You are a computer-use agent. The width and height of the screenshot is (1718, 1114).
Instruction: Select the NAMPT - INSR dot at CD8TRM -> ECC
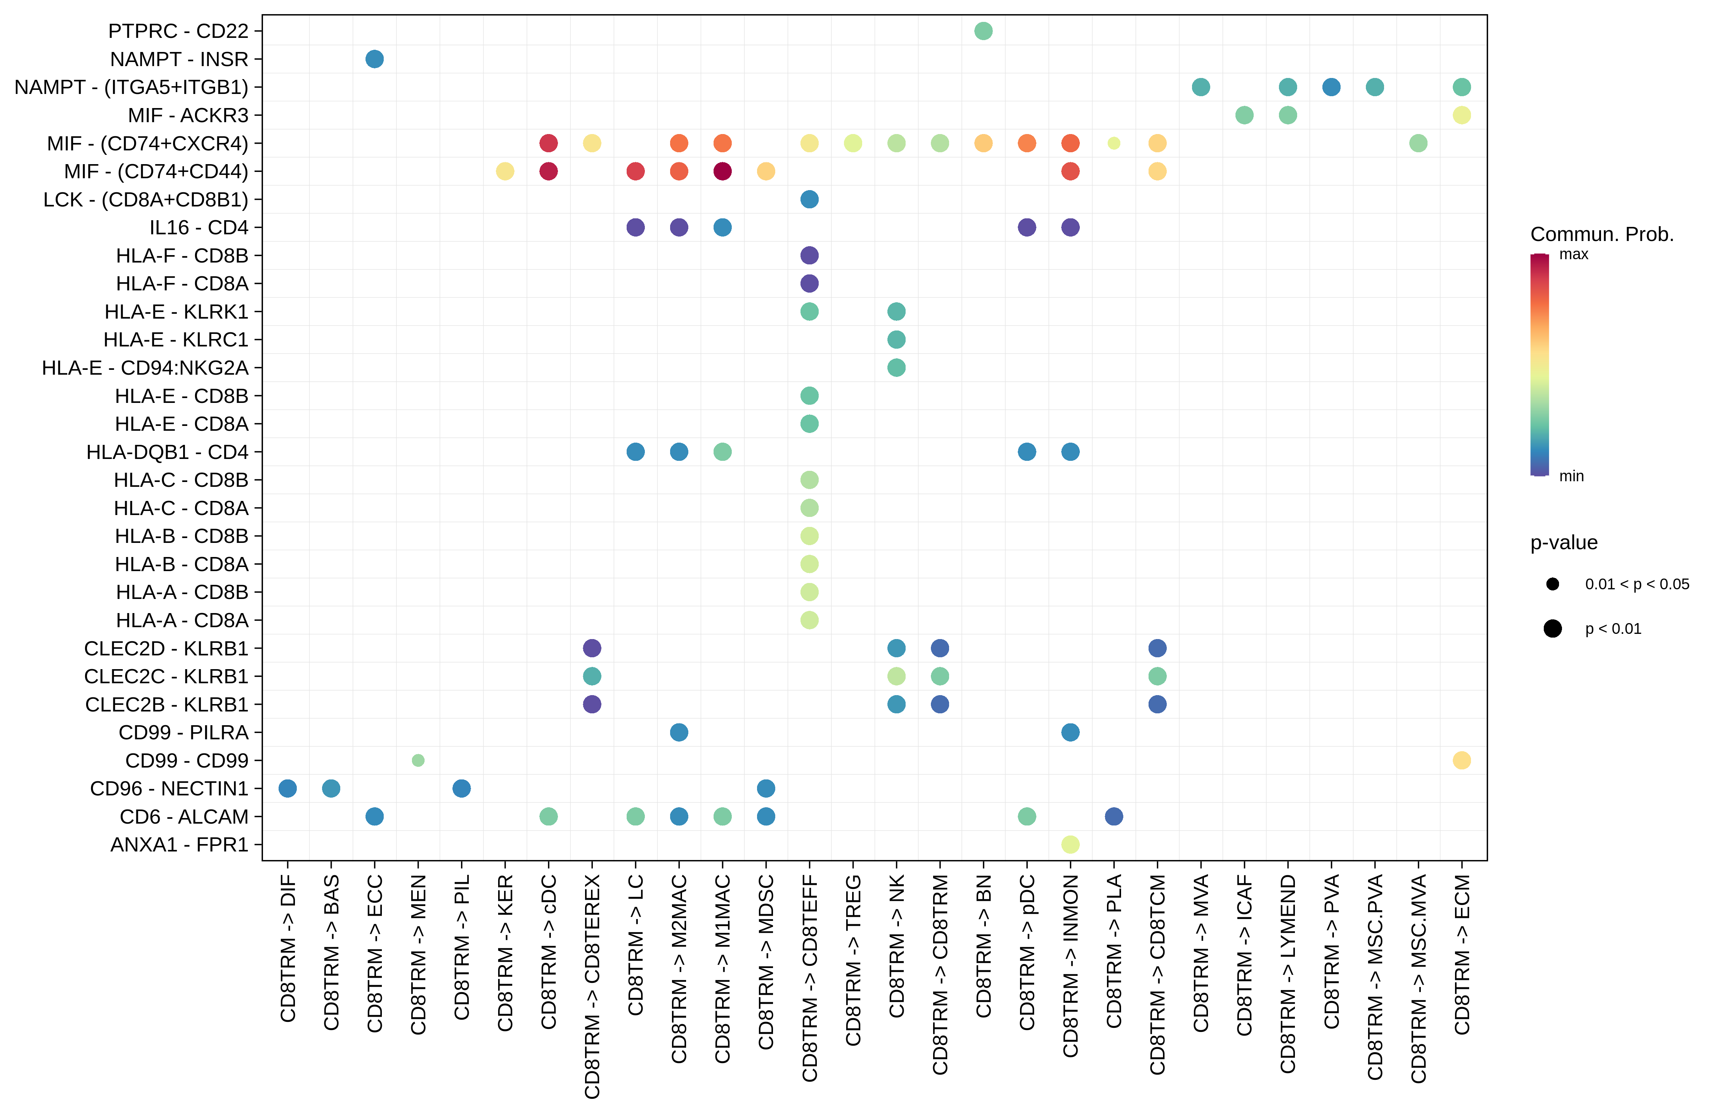[x=374, y=59]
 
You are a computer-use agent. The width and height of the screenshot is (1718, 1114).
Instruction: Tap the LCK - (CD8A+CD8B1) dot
[x=809, y=199]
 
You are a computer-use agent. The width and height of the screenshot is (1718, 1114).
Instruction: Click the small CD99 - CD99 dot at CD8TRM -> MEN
[x=418, y=760]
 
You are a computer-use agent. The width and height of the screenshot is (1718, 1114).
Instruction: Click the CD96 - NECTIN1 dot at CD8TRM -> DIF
[x=287, y=789]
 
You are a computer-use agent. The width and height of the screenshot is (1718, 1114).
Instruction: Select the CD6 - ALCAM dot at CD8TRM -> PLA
[x=1114, y=817]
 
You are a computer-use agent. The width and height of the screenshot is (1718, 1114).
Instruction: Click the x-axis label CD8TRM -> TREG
[x=853, y=960]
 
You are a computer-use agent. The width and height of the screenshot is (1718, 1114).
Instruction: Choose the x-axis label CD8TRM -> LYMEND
[x=1288, y=974]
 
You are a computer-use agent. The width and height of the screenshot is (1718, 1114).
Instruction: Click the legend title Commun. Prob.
[x=1602, y=234]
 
